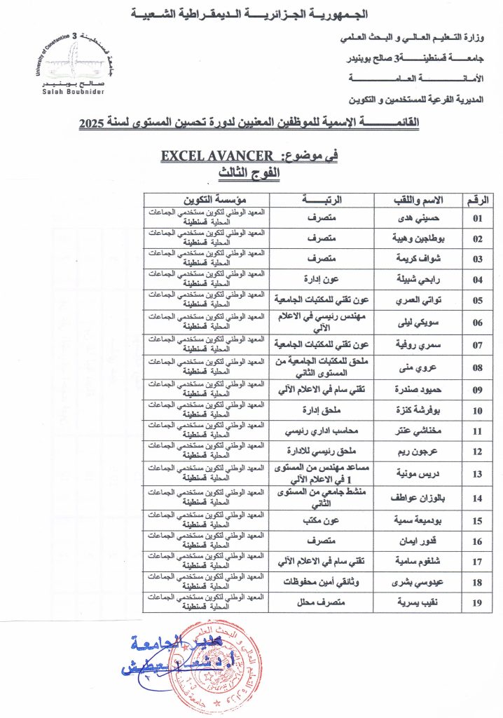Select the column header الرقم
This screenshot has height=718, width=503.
478,200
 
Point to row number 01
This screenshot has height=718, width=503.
478,218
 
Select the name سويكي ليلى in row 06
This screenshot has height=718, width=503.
418,323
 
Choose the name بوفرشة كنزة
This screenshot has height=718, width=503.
418,411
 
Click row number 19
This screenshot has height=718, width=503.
478,602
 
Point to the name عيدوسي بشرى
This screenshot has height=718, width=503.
418,582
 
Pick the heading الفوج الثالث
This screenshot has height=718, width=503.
251,172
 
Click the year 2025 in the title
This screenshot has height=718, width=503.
90,123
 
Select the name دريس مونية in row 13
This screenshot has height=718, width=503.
418,473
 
